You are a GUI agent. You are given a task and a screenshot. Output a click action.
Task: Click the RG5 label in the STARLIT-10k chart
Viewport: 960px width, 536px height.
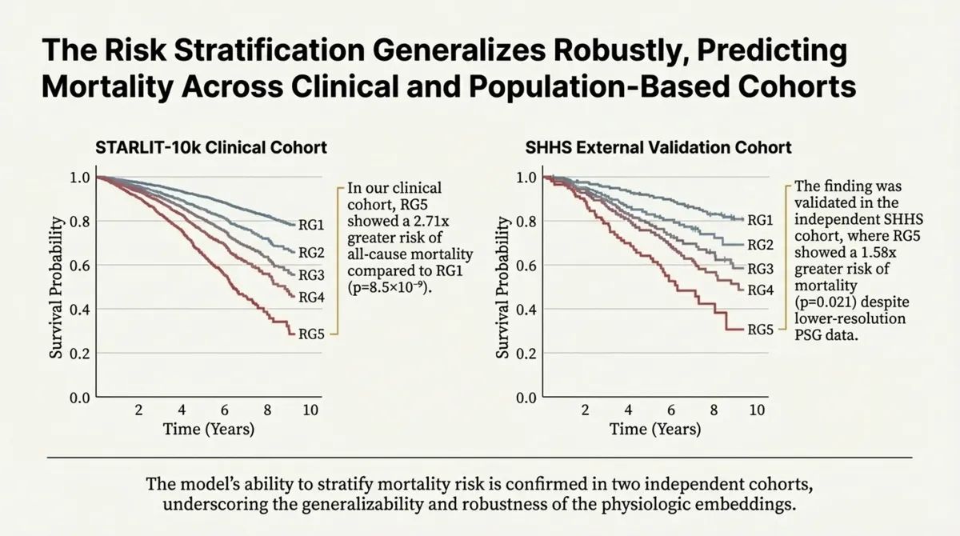click(310, 334)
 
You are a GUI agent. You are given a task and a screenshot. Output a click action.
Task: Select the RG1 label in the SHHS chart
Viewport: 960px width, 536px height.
click(759, 220)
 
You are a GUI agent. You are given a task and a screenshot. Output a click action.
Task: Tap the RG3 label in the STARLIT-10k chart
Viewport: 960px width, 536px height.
click(310, 275)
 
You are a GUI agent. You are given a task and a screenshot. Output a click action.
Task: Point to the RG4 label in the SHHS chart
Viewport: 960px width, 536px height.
click(759, 290)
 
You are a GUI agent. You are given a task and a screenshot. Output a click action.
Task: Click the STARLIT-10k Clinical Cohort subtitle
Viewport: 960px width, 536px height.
click(210, 147)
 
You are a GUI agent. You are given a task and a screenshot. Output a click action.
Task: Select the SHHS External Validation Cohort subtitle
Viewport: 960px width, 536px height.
click(660, 147)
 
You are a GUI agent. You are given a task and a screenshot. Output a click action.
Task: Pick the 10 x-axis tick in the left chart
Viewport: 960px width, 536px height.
click(310, 410)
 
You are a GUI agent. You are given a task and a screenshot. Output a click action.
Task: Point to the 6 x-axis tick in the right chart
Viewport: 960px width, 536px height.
click(672, 410)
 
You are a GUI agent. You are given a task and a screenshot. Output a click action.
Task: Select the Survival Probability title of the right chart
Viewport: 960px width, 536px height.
click(503, 287)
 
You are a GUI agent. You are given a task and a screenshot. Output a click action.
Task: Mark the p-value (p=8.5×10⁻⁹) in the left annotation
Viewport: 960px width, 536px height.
click(390, 289)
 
